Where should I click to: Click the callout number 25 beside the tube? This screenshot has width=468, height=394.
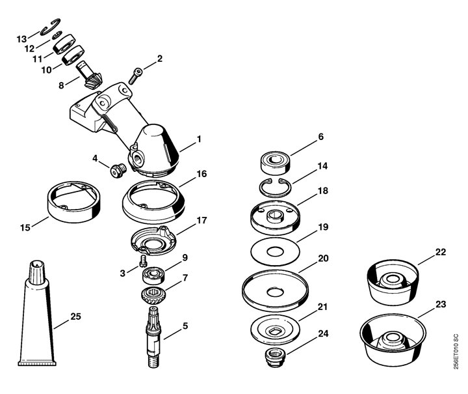point(76,317)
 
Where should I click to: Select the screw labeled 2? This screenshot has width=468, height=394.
point(136,76)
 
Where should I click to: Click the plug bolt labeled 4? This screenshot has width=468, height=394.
point(118,171)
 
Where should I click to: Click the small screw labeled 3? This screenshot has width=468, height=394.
point(142,260)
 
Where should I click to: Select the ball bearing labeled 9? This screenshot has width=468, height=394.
point(154,275)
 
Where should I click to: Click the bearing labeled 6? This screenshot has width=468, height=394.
point(276,163)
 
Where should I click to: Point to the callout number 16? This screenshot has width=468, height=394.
point(202,174)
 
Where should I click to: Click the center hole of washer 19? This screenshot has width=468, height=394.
point(275,251)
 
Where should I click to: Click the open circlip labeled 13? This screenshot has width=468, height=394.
point(51,27)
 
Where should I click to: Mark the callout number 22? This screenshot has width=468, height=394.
point(441,252)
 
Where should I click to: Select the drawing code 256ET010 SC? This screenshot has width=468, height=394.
point(456,352)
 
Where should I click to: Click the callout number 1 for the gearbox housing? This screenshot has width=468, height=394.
point(199,139)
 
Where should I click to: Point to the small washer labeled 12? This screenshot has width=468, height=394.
point(57,35)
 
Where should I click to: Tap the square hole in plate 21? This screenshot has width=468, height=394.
point(274,331)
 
